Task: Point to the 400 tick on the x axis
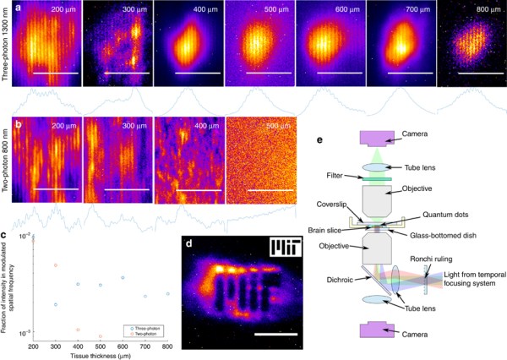click(77, 346)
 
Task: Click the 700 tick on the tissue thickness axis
click(144, 346)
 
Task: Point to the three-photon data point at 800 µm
click(167, 293)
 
